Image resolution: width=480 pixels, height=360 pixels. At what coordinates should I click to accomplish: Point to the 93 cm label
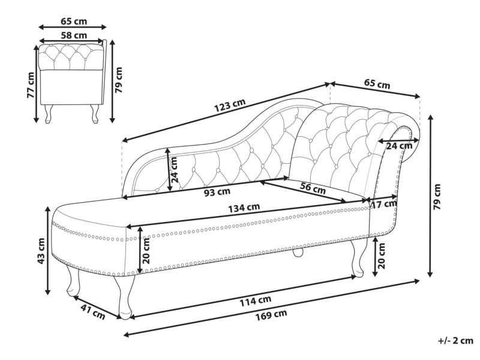coord(217,193)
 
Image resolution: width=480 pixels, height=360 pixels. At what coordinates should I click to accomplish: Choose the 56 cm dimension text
coord(312,188)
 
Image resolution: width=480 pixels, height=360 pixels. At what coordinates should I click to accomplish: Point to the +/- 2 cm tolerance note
coord(455,341)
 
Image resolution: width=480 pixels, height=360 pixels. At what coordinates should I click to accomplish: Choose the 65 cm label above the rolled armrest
coord(376,85)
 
